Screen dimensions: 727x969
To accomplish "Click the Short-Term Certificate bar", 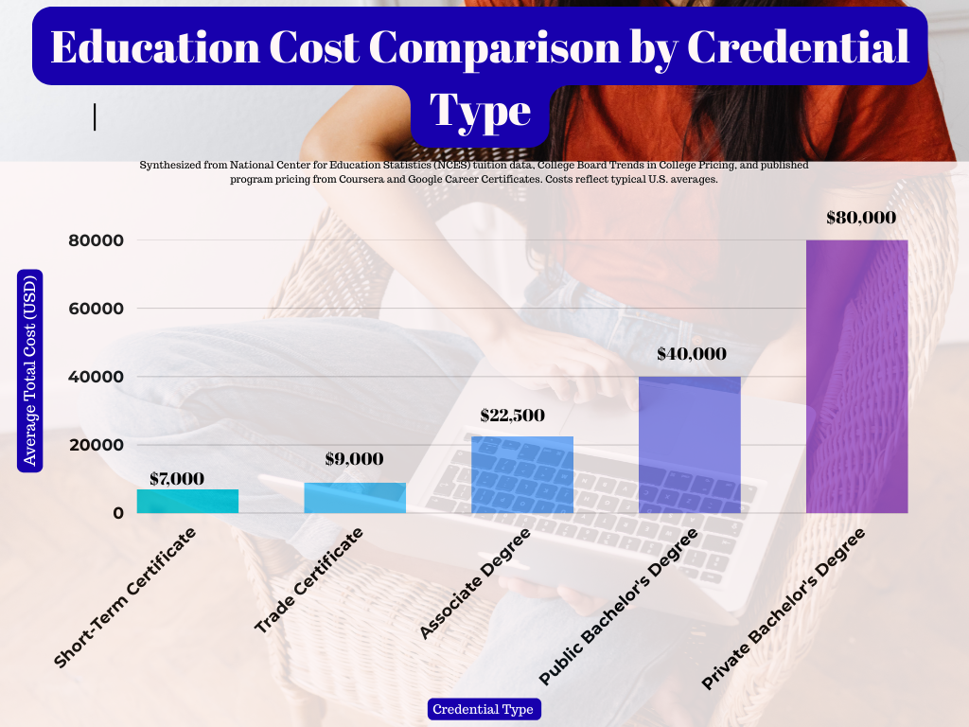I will click(x=187, y=501).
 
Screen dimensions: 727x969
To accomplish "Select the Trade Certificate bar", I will click(x=355, y=498).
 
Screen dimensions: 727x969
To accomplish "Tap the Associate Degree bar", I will click(x=522, y=474).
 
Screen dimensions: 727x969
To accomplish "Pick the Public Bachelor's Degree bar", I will click(x=690, y=445).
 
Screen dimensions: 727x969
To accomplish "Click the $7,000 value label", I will click(x=177, y=478).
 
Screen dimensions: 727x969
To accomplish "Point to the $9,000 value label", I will click(x=354, y=459).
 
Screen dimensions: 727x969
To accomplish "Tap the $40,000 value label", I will click(x=692, y=354).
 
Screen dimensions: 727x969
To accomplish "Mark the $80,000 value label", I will click(x=860, y=217).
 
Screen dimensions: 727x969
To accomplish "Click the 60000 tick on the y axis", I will click(x=96, y=309).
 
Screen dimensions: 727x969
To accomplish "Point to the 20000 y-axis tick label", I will click(x=96, y=445).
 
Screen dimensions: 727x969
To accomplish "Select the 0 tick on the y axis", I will click(x=118, y=513).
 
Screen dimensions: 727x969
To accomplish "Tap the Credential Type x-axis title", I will click(x=483, y=709).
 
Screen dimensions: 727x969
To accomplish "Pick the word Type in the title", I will click(x=481, y=111).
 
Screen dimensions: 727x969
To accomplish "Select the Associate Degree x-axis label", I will click(x=476, y=583).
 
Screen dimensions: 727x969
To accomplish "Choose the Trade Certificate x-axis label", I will click(x=309, y=580).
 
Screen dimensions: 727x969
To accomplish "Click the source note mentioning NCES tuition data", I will click(x=473, y=171).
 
